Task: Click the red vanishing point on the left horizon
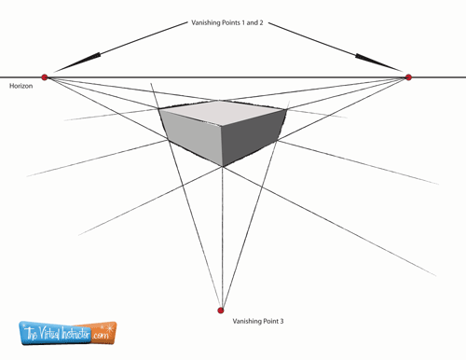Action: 45,77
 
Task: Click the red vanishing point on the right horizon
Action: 408,77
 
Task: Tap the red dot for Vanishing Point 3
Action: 221,311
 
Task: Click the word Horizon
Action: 21,86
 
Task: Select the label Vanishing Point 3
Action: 258,321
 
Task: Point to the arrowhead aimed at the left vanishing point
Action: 77,62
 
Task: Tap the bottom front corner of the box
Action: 223,166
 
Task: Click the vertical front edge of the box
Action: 222,145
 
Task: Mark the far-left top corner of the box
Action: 159,109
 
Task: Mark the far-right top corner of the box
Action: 285,109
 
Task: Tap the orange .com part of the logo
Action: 101,335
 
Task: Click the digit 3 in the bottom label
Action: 281,321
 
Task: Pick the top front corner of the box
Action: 221,126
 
